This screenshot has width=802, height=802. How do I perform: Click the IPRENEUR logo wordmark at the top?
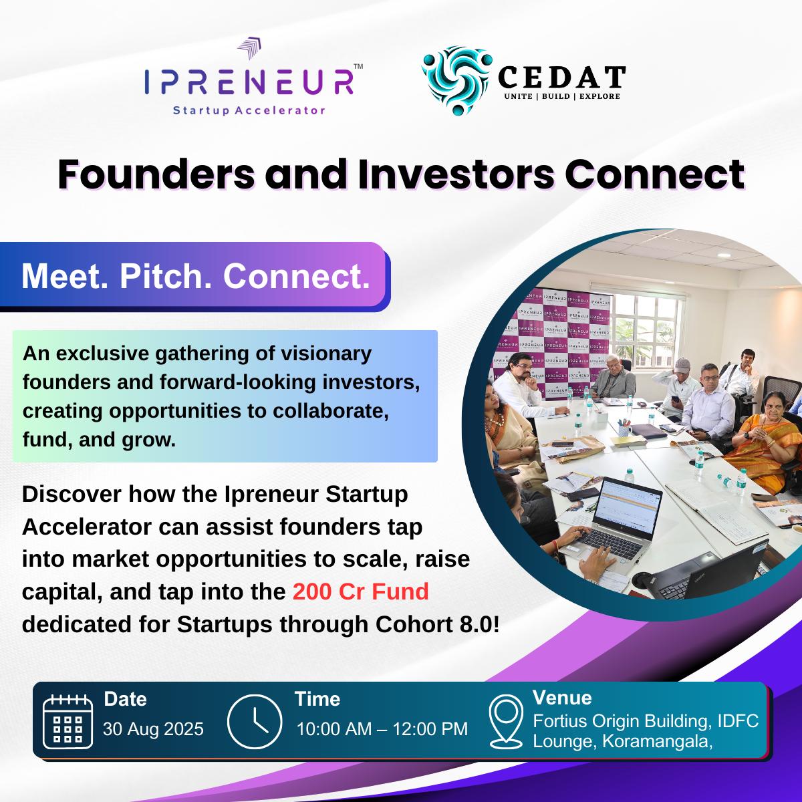(249, 82)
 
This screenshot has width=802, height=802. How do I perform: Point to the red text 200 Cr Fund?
(360, 591)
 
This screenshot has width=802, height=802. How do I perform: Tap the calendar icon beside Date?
(68, 721)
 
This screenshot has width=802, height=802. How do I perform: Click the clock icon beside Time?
(255, 721)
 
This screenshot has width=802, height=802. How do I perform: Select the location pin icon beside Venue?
(506, 722)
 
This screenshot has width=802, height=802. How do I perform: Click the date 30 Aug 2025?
(153, 729)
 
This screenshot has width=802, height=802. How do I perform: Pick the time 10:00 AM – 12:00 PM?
(382, 729)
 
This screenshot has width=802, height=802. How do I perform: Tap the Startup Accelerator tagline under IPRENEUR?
(249, 110)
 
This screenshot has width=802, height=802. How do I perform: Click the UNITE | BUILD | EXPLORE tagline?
(562, 96)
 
